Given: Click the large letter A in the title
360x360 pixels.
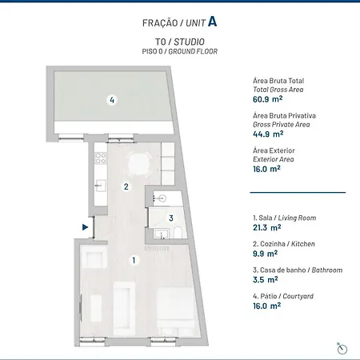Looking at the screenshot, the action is pyautogui.click(x=212, y=22).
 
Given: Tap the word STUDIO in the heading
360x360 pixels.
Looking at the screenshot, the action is pyautogui.click(x=189, y=42).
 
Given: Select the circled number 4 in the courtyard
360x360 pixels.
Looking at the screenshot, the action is pyautogui.click(x=112, y=100).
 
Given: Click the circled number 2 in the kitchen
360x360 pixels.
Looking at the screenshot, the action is pyautogui.click(x=126, y=186).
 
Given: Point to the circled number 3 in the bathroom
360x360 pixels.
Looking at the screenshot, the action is pyautogui.click(x=171, y=218).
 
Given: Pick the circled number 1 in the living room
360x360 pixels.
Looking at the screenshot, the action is pyautogui.click(x=134, y=260).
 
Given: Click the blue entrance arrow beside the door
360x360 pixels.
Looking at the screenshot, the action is pyautogui.click(x=85, y=227).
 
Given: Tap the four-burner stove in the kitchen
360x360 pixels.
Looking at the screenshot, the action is pyautogui.click(x=101, y=158).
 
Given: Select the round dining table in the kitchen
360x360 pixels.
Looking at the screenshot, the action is pyautogui.click(x=139, y=164).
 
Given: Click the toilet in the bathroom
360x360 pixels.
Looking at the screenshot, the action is pyautogui.click(x=178, y=233).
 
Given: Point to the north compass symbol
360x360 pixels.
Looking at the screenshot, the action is pyautogui.click(x=342, y=349).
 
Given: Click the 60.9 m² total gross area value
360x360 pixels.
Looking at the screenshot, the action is pyautogui.click(x=267, y=99).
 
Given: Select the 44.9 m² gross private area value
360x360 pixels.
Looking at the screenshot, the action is pyautogui.click(x=268, y=134).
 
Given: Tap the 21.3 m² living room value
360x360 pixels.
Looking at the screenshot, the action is pyautogui.click(x=267, y=227).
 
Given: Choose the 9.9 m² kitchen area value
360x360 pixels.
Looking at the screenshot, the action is pyautogui.click(x=265, y=254).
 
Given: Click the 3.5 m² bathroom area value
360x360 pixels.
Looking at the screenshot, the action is pyautogui.click(x=266, y=279).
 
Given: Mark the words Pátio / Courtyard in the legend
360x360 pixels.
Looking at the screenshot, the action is pyautogui.click(x=287, y=296).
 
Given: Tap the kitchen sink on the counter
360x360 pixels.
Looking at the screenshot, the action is pyautogui.click(x=101, y=186).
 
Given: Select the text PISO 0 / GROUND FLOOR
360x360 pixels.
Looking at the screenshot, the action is pyautogui.click(x=180, y=51).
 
